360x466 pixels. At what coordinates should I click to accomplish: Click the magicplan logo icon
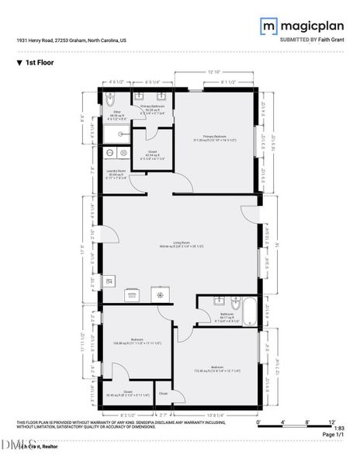[x=268, y=26]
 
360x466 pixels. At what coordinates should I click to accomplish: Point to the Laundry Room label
[x=116, y=173]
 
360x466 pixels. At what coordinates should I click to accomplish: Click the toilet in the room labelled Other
[x=109, y=102]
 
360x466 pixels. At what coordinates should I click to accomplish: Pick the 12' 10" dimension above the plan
[x=213, y=72]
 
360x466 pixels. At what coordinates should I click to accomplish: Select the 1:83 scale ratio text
[x=339, y=428]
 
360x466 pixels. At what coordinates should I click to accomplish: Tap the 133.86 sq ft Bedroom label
[x=137, y=340]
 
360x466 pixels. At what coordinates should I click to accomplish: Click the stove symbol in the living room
[x=161, y=294]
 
